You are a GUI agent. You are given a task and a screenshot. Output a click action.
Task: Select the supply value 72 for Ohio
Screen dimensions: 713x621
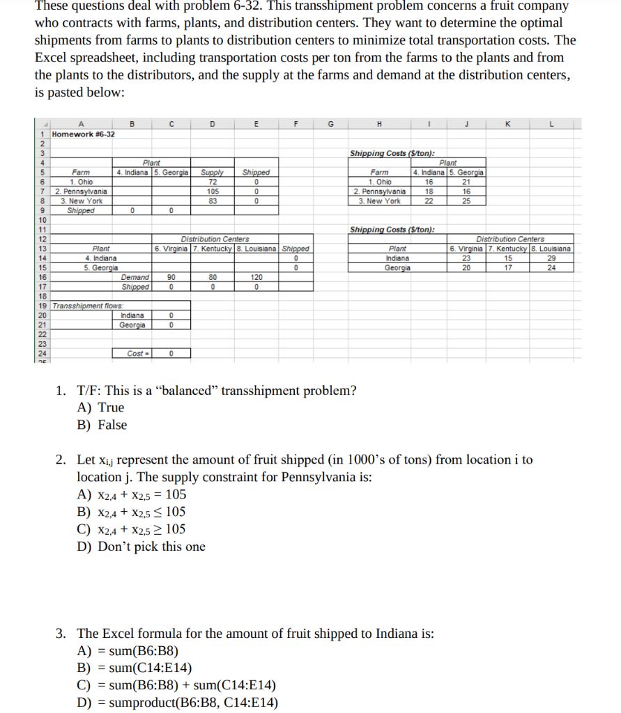(x=213, y=181)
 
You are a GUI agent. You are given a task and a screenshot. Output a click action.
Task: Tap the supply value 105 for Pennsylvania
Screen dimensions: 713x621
(x=213, y=191)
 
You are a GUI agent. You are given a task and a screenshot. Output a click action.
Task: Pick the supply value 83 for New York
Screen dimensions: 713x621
(x=213, y=201)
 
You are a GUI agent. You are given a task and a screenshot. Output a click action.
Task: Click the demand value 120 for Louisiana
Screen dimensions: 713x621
(x=256, y=277)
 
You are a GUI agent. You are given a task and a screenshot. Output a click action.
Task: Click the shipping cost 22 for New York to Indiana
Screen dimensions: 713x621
(x=429, y=201)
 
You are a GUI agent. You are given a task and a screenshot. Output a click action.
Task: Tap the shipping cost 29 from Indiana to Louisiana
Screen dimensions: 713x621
(x=551, y=258)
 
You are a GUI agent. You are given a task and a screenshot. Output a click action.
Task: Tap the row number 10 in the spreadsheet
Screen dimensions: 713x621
(x=43, y=219)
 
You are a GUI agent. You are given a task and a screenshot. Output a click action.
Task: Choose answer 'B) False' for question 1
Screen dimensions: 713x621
(x=102, y=425)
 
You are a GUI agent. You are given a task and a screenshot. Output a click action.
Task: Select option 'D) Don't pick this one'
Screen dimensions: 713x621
(x=141, y=547)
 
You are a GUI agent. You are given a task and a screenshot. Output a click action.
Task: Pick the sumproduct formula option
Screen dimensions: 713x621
(x=177, y=702)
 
